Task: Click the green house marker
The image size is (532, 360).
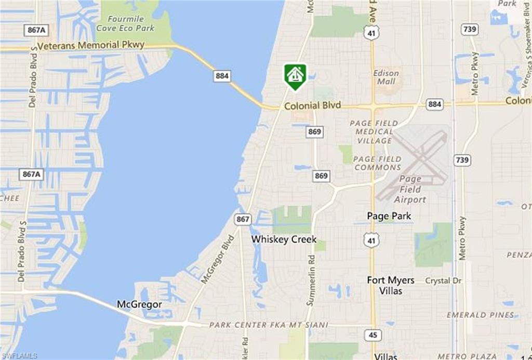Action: click(295, 75)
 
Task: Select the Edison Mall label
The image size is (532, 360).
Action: click(387, 77)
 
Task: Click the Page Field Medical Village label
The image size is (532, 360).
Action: click(374, 132)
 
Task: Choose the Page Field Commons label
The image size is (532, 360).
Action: click(377, 163)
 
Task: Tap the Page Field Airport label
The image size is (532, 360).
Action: click(410, 189)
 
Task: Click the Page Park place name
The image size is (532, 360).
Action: click(389, 216)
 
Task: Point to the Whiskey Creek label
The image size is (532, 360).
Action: click(284, 239)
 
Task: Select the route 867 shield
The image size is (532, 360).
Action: click(243, 219)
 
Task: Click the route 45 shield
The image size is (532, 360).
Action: click(373, 335)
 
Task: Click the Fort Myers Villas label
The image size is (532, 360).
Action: click(391, 285)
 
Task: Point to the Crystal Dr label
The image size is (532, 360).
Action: click(443, 281)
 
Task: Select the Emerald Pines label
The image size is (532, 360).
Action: click(481, 315)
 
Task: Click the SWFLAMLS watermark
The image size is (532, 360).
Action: click(19, 356)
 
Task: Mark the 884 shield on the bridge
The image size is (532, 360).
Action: click(222, 76)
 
